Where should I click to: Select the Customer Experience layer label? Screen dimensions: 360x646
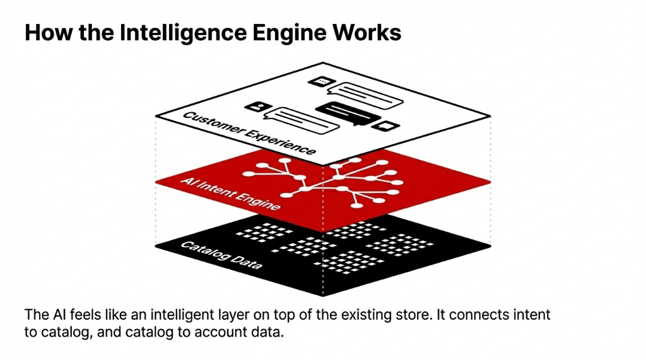(249, 134)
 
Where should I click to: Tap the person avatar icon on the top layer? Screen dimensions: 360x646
(256, 107)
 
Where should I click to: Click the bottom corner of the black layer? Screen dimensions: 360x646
(323, 295)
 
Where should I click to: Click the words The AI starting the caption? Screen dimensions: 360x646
(44, 314)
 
